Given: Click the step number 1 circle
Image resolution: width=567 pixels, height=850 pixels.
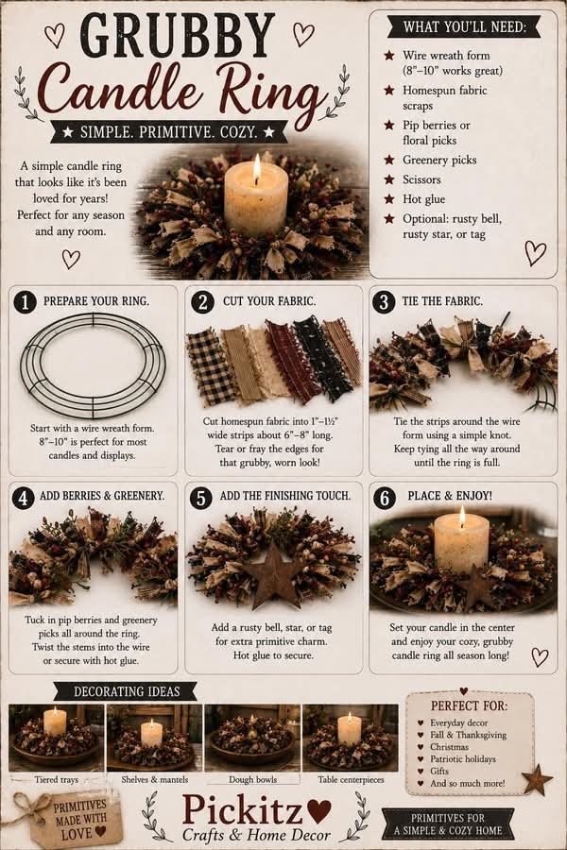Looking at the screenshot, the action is click(x=25, y=302).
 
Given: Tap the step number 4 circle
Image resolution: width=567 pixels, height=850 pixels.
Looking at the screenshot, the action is click(x=23, y=497).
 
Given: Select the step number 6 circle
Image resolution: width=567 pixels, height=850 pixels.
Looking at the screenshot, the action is click(x=385, y=497).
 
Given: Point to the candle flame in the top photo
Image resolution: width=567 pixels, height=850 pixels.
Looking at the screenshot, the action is click(x=257, y=168).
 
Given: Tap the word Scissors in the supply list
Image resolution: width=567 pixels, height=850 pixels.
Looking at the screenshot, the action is click(x=421, y=179).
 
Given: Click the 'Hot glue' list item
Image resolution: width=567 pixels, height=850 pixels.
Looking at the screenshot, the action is click(x=423, y=199).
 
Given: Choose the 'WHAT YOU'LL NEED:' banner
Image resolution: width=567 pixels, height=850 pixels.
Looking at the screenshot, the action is click(x=464, y=26).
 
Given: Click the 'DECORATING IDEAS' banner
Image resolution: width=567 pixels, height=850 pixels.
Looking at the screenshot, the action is click(x=127, y=691).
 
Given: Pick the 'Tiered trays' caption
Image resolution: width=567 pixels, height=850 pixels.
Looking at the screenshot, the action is click(x=57, y=779).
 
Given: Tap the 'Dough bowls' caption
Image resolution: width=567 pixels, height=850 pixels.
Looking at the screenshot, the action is click(x=252, y=779).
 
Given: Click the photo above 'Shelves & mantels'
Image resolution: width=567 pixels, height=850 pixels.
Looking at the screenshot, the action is click(x=154, y=738).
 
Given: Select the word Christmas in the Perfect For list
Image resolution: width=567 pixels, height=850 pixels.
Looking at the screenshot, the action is click(x=449, y=746).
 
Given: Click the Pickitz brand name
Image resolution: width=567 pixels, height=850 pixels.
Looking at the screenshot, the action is click(x=242, y=811).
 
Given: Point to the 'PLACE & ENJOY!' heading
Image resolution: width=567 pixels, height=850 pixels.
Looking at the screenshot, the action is click(x=450, y=496).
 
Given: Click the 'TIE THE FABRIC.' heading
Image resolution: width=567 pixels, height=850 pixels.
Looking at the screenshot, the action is click(x=442, y=301).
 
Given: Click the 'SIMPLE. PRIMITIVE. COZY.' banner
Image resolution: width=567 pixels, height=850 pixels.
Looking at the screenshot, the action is click(x=169, y=131).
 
